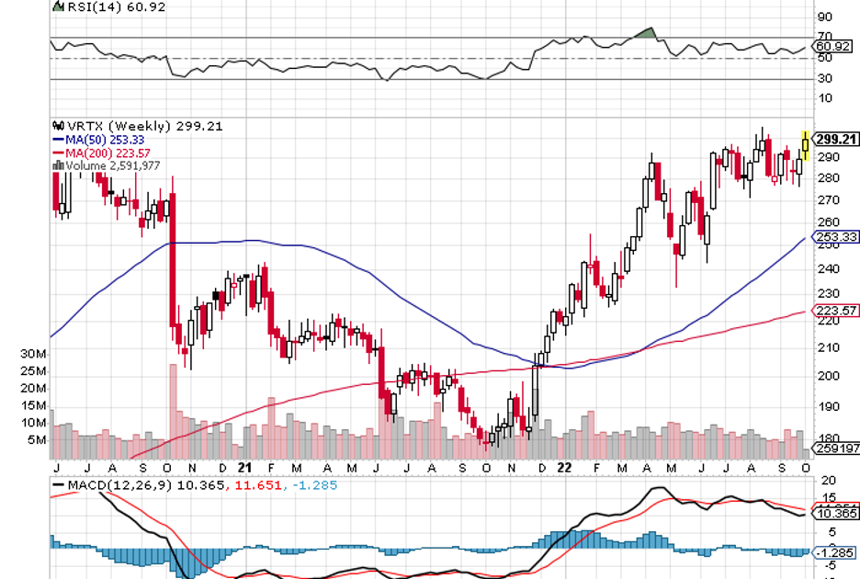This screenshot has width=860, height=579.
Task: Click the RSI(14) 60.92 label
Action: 97,6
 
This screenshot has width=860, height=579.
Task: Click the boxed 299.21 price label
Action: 836,140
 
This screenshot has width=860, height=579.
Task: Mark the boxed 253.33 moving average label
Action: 836,236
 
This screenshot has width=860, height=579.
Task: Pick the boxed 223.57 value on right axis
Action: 836,311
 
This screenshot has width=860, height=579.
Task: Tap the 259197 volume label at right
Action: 836,451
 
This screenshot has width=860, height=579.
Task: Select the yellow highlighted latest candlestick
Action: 806,144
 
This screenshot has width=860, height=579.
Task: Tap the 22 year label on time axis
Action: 567,468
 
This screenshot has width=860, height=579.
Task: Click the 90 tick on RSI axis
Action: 824,17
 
